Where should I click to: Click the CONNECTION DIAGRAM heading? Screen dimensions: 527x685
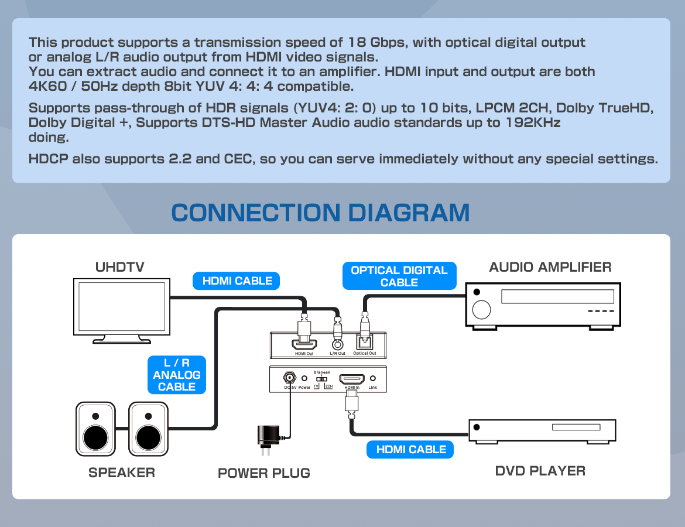click(320, 213)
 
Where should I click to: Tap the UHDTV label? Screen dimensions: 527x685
click(119, 267)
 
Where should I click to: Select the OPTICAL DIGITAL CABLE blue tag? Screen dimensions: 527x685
click(399, 276)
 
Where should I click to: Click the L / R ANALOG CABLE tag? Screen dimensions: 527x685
click(176, 375)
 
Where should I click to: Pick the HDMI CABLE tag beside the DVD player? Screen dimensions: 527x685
click(411, 449)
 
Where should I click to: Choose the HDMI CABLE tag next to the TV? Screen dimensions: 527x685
click(237, 281)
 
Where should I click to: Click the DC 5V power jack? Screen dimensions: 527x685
click(289, 378)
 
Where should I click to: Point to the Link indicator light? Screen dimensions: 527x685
click(372, 379)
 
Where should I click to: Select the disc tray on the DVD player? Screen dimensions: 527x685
click(576, 427)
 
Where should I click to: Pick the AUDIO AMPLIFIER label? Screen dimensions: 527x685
click(550, 267)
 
